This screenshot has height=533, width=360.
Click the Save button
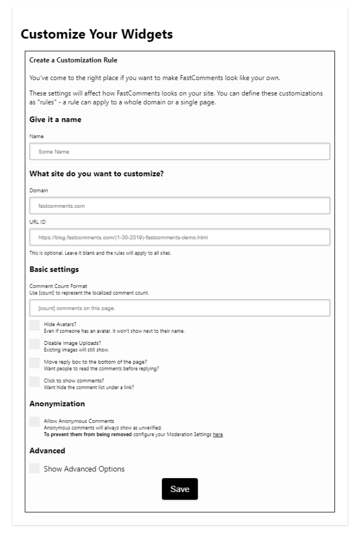(180, 489)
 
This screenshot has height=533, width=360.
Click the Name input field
(180, 152)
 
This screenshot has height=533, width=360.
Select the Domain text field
(180, 206)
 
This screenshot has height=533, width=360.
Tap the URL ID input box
(180, 237)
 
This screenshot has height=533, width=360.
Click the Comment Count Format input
(180, 308)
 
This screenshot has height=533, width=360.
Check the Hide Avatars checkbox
(34, 326)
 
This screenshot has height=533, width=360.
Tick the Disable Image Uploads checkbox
(34, 344)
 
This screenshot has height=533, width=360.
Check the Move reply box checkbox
(34, 363)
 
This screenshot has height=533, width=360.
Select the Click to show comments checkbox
(34, 381)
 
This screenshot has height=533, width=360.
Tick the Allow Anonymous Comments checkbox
(34, 421)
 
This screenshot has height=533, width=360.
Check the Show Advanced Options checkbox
(34, 468)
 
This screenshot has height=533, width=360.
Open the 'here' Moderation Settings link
(218, 434)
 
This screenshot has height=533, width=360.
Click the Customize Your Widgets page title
(97, 35)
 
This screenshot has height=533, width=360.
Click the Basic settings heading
(54, 269)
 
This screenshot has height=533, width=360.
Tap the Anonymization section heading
(57, 403)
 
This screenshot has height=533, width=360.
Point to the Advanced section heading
(47, 450)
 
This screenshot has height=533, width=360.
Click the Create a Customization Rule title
(73, 60)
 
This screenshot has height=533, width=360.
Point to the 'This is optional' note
(100, 253)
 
